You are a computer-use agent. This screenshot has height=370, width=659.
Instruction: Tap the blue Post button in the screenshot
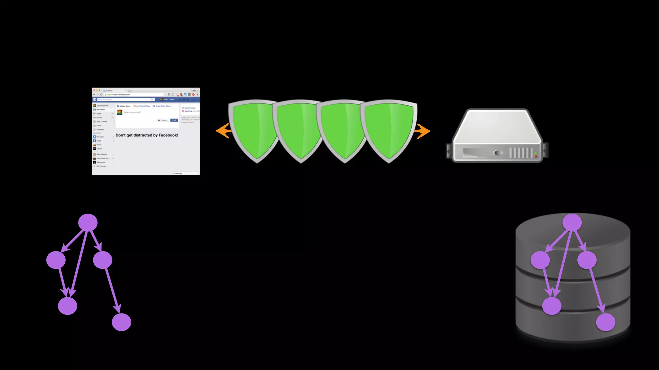174,120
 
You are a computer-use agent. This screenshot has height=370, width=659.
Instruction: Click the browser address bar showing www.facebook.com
135,94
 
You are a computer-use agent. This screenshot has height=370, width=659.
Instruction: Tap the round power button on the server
498,153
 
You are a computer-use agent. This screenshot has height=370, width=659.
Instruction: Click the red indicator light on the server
536,156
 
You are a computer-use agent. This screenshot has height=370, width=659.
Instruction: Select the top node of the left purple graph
88,222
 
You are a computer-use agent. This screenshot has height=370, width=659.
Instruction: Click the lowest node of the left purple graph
121,322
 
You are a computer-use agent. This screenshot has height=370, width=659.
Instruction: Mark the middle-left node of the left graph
56,260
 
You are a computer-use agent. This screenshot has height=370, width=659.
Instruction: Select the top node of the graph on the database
572,222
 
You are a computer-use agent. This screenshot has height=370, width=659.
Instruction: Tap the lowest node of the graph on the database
606,322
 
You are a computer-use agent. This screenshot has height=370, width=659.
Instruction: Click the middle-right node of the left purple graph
103,260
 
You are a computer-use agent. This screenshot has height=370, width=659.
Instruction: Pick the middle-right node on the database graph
587,260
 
